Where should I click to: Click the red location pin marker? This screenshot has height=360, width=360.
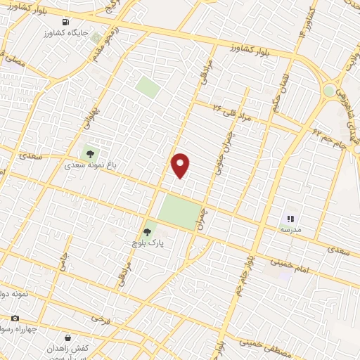[181, 165]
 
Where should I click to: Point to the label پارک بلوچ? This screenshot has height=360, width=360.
[148, 244]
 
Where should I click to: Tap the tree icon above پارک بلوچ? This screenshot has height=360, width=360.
[147, 232]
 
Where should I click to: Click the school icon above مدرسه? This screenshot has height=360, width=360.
[290, 219]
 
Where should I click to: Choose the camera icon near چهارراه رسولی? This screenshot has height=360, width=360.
[15, 318]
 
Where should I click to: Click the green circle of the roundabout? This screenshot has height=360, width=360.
[329, 91]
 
